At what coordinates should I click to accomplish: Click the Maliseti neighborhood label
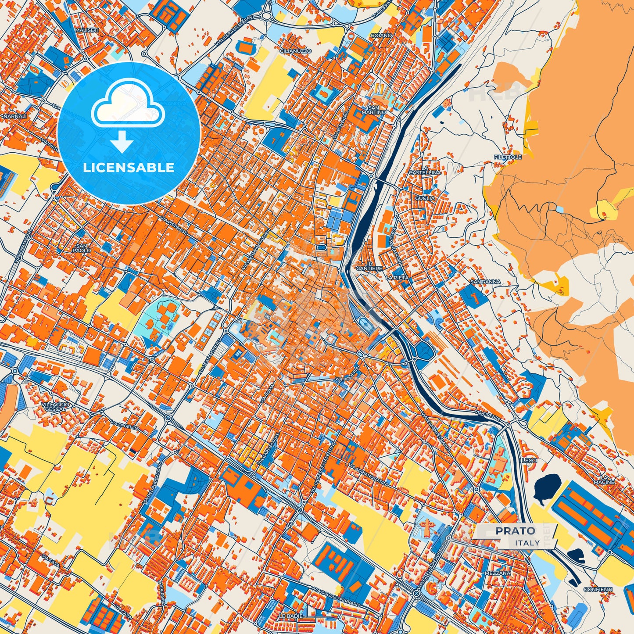86,30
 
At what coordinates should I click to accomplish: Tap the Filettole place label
508,157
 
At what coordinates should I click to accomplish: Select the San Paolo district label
82,248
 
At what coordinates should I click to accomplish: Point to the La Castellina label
424,170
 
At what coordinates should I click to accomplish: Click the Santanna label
485,282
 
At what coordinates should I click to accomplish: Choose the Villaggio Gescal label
55,406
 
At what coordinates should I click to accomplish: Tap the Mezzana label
498,573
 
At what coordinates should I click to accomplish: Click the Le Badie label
290,616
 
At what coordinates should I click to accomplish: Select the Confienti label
598,589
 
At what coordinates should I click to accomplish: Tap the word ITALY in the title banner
527,543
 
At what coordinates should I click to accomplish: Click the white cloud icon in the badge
128,106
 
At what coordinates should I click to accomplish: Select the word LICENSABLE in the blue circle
129,168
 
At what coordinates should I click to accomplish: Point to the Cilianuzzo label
295,51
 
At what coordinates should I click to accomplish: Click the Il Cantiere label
369,265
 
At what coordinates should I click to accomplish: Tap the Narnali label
15,116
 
